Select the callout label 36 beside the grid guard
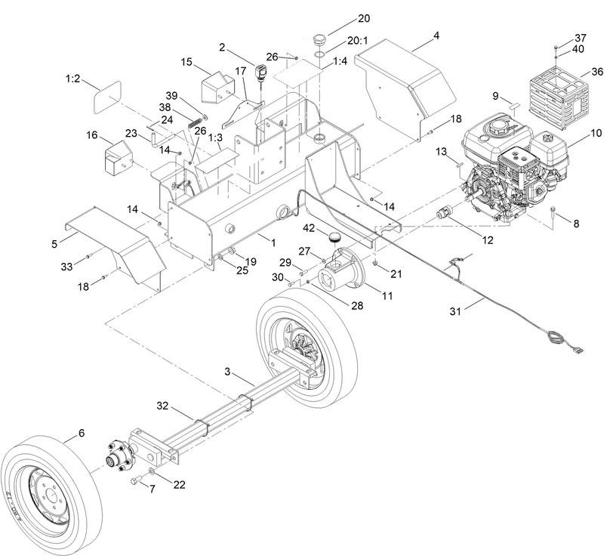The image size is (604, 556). pyautogui.click(x=597, y=72)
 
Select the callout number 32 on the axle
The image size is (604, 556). pyautogui.click(x=162, y=406)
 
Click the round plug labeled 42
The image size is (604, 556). pyautogui.click(x=334, y=238)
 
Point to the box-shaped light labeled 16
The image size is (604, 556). pyautogui.click(x=117, y=155)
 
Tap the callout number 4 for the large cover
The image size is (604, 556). pyautogui.click(x=436, y=35)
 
